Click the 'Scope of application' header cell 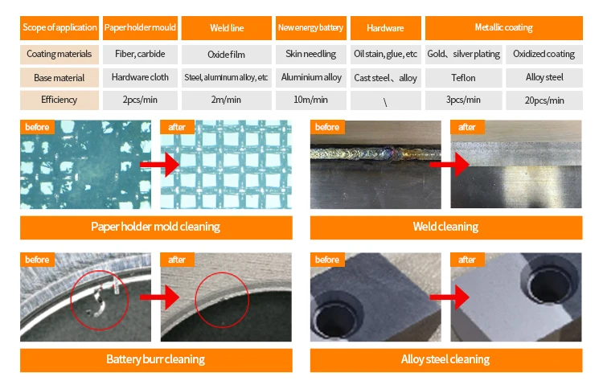[59, 28]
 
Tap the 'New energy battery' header [310, 28]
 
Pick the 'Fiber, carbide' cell [140, 55]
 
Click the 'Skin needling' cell [310, 55]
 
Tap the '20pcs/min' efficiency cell [545, 100]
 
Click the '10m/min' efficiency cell [310, 100]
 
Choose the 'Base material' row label [59, 78]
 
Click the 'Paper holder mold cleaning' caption [155, 227]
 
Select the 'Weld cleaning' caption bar [445, 227]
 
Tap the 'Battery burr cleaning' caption [155, 358]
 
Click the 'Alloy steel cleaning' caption [445, 358]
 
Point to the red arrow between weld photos [446, 165]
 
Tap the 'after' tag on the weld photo [467, 127]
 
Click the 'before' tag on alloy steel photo [327, 260]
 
